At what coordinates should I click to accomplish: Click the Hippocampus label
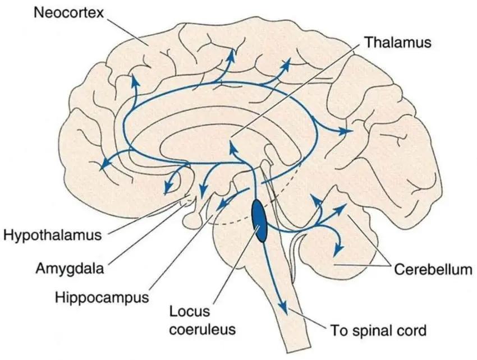coord(102,296)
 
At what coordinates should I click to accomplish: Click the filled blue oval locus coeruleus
coord(260,220)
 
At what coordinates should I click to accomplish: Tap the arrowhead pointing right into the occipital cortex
coord(348,131)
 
